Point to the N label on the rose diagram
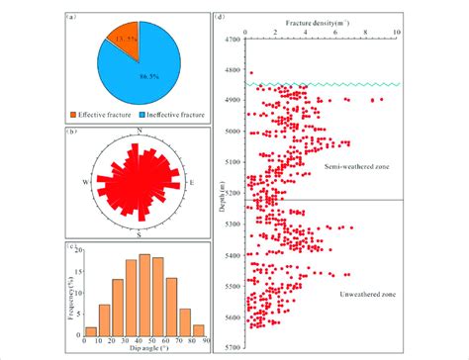point(141,132)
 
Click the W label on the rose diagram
point(87,183)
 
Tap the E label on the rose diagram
point(192,183)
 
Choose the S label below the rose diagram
point(140,233)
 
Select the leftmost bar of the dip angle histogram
point(91,331)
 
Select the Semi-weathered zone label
point(356,167)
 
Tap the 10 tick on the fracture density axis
point(397,30)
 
